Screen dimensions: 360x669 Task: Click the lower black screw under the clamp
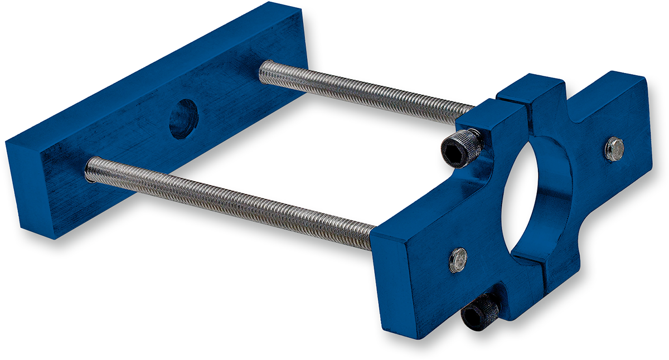point(479,312)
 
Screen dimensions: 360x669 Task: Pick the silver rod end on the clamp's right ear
point(614,149)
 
